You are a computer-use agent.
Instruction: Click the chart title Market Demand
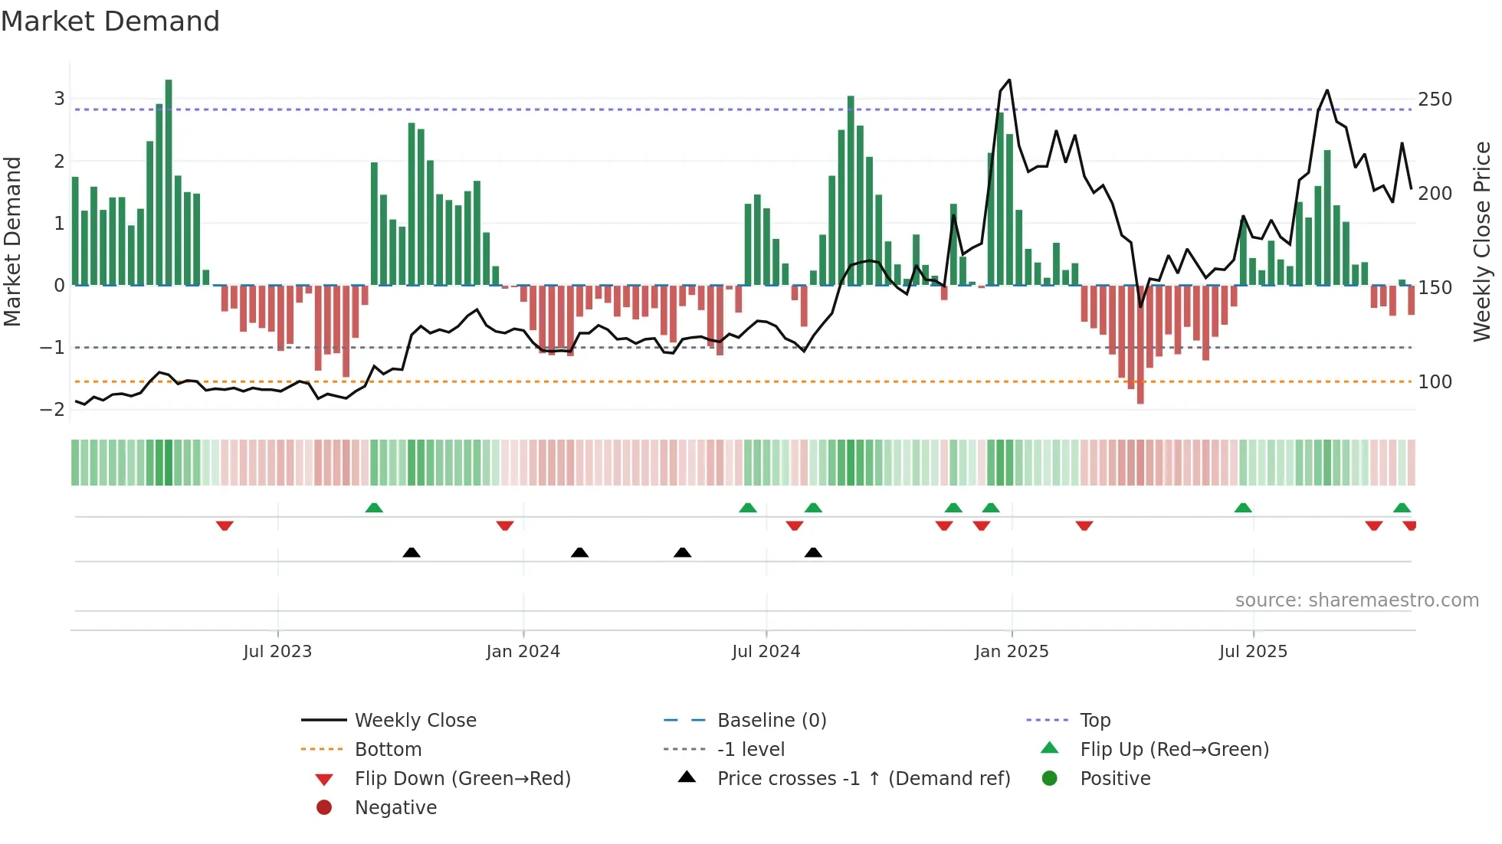click(x=110, y=21)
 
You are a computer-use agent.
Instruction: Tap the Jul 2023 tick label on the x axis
click(x=277, y=652)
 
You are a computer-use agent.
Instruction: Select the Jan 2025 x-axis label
click(x=1012, y=652)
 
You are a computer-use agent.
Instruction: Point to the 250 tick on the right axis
click(x=1435, y=100)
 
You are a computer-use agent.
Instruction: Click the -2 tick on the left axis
click(x=52, y=410)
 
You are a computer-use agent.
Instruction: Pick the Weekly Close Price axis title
click(x=1482, y=241)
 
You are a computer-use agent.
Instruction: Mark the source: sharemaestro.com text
click(x=1356, y=600)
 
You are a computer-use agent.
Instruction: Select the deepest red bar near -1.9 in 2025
click(x=1140, y=345)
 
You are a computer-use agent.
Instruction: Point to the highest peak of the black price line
click(x=1009, y=80)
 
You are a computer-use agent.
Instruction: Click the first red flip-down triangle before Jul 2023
click(x=225, y=525)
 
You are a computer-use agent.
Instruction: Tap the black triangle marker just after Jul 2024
click(x=813, y=552)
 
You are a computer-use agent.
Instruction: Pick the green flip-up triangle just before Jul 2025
click(x=1243, y=508)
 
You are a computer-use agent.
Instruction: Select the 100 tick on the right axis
click(x=1435, y=382)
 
